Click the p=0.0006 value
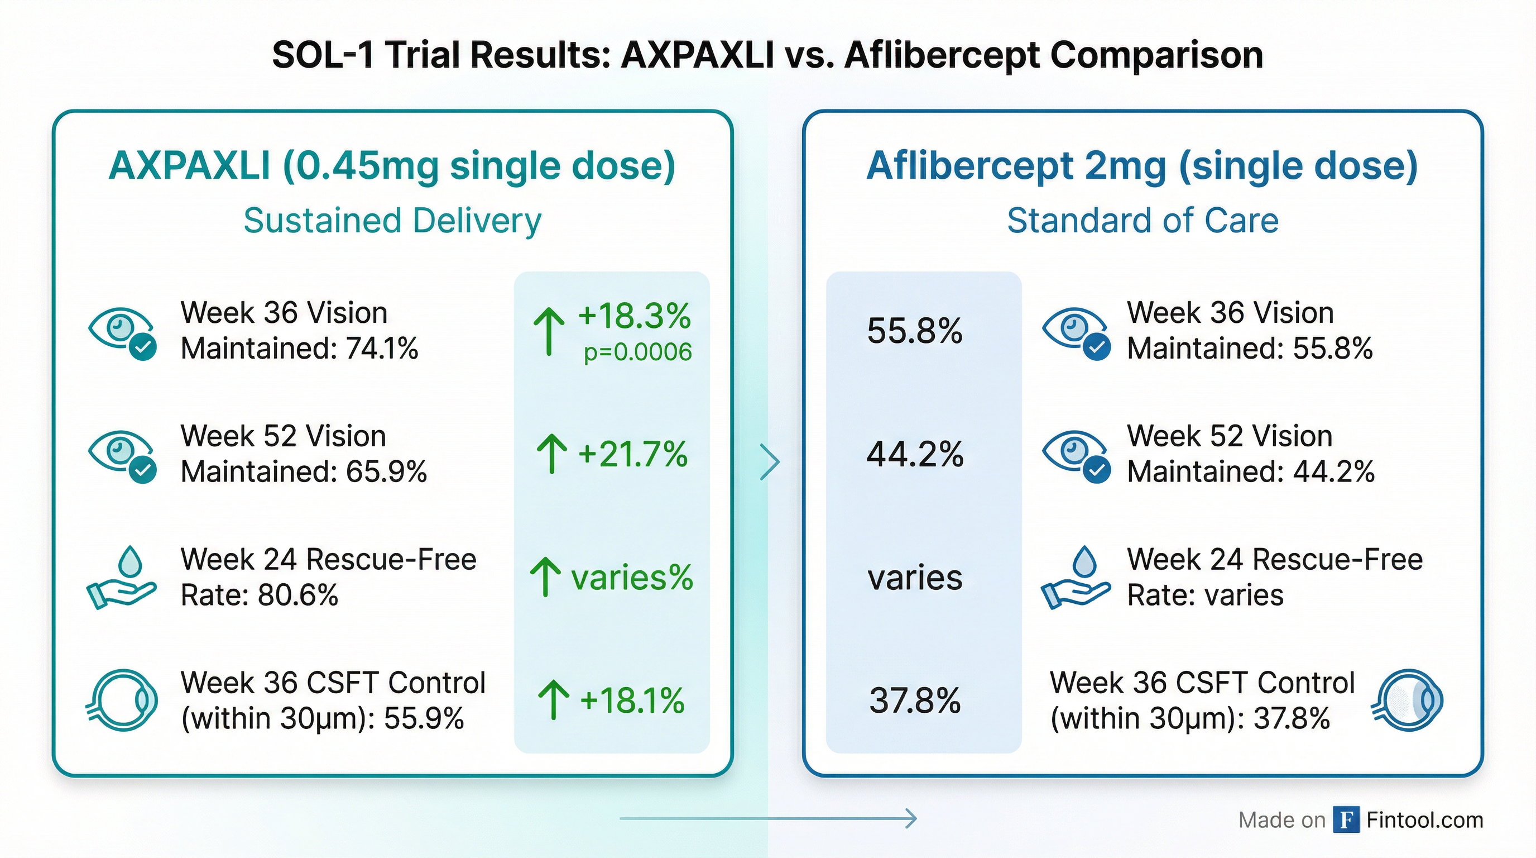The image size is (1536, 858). [637, 352]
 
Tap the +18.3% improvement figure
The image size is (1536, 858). [634, 316]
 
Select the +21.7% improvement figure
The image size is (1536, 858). [632, 454]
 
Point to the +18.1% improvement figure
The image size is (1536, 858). [631, 700]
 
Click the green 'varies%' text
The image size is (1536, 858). [632, 578]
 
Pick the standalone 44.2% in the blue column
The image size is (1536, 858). [915, 454]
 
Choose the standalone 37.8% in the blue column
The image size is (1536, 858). [915, 700]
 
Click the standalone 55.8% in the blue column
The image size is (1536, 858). [915, 331]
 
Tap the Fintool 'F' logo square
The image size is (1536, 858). [1346, 820]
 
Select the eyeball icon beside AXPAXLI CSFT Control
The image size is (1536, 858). [122, 700]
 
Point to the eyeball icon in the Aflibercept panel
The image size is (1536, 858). [1408, 700]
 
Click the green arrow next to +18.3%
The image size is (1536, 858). [549, 331]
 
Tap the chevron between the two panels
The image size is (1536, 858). [770, 461]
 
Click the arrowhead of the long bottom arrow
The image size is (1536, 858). [910, 818]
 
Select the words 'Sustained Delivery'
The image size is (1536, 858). [392, 220]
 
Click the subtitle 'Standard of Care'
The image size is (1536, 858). [1143, 220]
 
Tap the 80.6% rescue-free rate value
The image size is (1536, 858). [298, 595]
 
